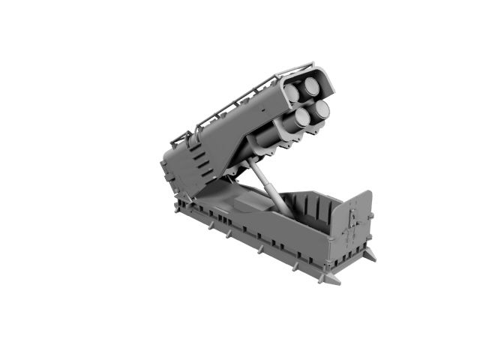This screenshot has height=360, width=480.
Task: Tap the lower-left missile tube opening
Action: tap(304, 116)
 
